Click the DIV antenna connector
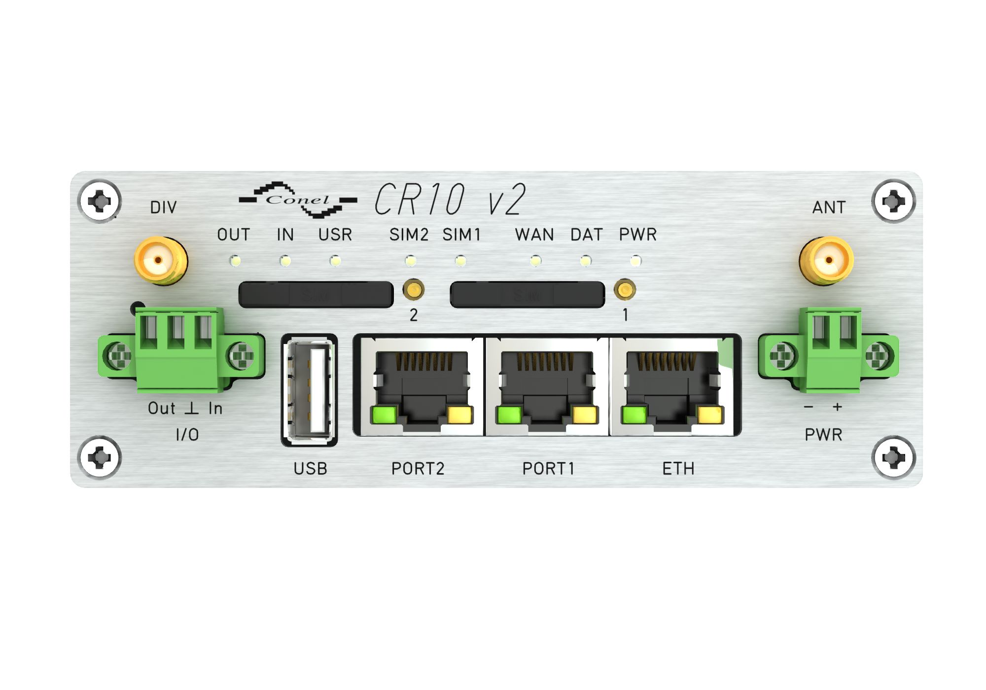pos(161,260)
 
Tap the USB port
pos(310,390)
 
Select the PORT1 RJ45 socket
pos(547,385)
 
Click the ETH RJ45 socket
pos(672,385)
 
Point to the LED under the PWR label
pos(636,260)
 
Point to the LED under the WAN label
pos(535,260)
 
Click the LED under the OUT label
pos(235,260)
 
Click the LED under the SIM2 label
pos(410,260)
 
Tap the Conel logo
pos(298,200)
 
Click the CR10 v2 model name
pos(450,199)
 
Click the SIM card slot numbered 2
pos(316,295)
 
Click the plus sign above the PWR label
pos(837,407)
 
